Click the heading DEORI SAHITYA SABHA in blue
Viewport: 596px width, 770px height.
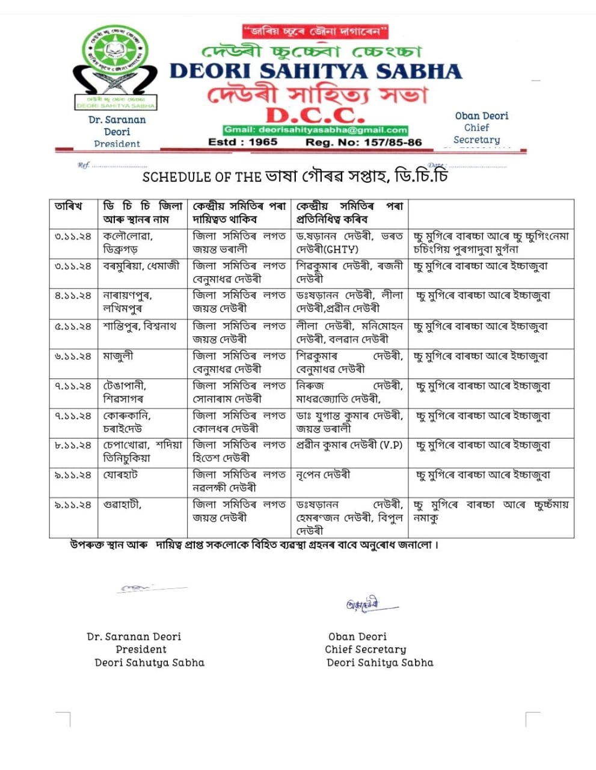(x=315, y=71)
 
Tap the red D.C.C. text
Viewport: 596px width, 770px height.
(x=315, y=114)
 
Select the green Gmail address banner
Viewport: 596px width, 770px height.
(x=315, y=130)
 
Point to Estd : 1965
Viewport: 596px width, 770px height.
(x=242, y=143)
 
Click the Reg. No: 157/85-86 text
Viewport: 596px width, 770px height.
(x=363, y=143)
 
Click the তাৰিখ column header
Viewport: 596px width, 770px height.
(x=68, y=206)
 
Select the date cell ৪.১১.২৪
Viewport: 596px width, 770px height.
(x=73, y=296)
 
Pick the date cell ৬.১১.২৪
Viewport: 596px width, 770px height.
(x=73, y=356)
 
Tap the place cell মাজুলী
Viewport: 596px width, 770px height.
(x=118, y=356)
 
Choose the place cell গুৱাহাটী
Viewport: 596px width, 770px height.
(x=122, y=505)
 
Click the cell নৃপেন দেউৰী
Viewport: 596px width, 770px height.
(x=323, y=475)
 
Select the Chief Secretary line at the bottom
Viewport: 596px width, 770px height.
(x=365, y=650)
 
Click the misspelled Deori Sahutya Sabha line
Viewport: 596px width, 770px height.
(x=149, y=663)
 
